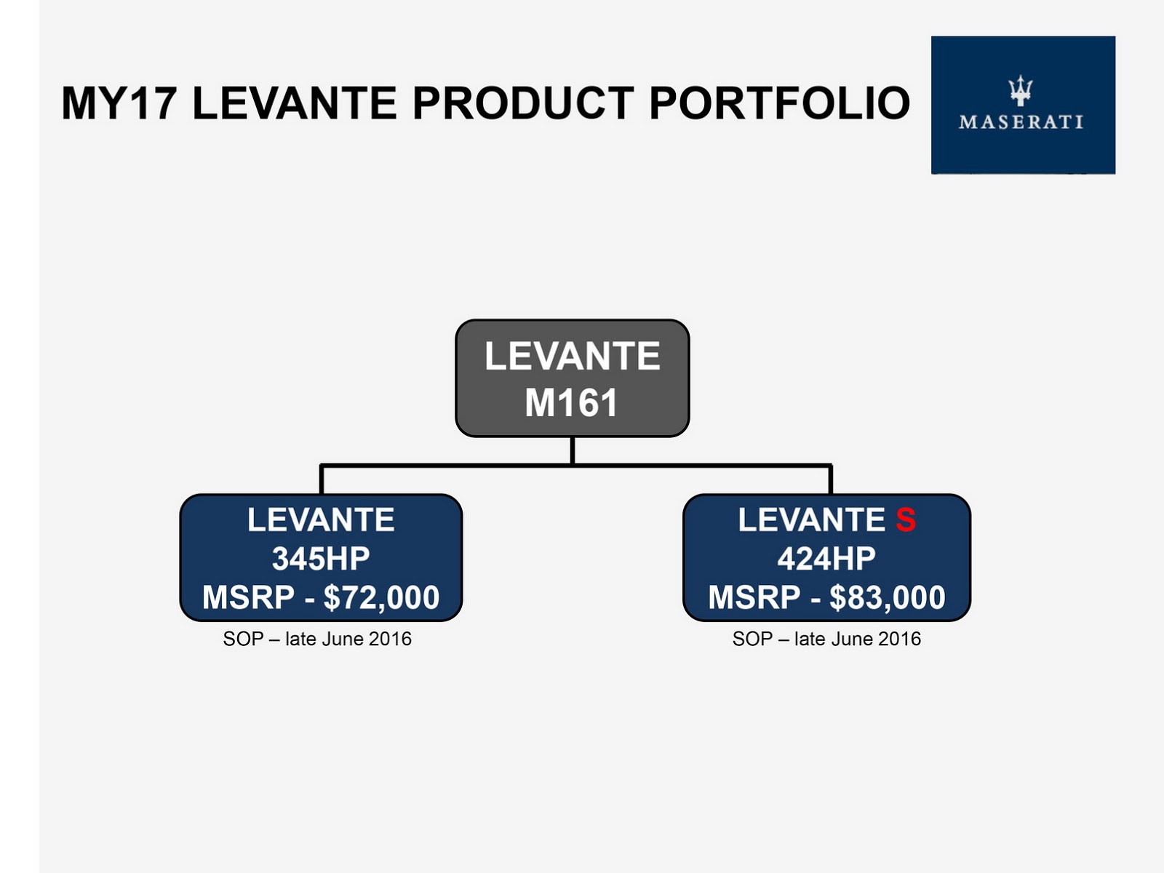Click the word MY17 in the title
point(119,103)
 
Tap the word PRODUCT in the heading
point(523,103)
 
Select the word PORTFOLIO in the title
point(780,103)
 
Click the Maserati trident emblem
point(1021,91)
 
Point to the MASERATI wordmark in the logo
point(1021,122)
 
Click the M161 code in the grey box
point(572,403)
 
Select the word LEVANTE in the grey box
point(573,356)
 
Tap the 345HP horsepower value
point(321,559)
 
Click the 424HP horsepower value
point(826,559)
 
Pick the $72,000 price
point(381,598)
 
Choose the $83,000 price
point(887,598)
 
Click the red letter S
point(906,519)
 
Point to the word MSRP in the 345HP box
point(248,597)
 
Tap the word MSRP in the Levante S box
point(754,597)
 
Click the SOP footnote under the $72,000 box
point(317,639)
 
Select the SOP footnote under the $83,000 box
point(826,639)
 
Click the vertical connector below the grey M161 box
point(573,450)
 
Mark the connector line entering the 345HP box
point(322,479)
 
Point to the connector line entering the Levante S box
point(831,479)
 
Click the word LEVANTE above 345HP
point(321,519)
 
